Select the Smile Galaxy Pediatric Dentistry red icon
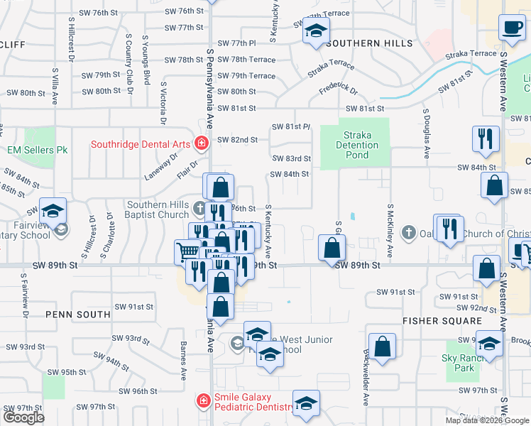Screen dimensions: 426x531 (203, 400)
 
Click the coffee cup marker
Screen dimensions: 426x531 (511, 28)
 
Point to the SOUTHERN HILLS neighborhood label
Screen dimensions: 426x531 (370, 43)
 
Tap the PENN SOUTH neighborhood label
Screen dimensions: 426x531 (77, 314)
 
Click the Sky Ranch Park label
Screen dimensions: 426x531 (458, 364)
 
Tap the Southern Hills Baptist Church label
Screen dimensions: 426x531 (158, 209)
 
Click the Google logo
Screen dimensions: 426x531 (23, 417)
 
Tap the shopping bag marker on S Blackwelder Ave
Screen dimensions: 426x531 (383, 347)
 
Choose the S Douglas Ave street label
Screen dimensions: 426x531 (426, 133)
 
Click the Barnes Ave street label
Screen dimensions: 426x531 (183, 360)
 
